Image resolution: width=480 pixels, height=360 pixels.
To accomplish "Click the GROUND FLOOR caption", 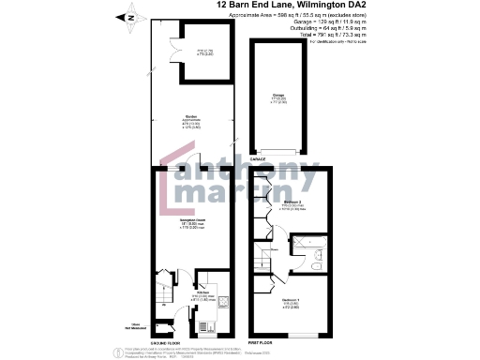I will (x=192, y=343).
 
